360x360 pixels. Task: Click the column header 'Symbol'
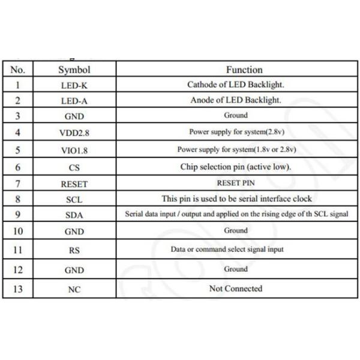point(74,70)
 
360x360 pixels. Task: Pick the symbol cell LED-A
point(74,101)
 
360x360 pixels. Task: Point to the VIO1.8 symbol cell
point(74,150)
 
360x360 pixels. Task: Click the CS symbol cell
point(74,168)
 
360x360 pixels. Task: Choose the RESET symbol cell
point(74,184)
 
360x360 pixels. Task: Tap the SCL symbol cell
point(74,199)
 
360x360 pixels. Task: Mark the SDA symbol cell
point(74,214)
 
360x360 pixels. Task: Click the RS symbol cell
point(74,250)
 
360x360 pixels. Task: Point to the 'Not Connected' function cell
point(236,289)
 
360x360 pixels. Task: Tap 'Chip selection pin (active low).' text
point(236,167)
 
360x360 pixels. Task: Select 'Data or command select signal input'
point(236,249)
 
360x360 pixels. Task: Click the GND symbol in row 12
point(74,270)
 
